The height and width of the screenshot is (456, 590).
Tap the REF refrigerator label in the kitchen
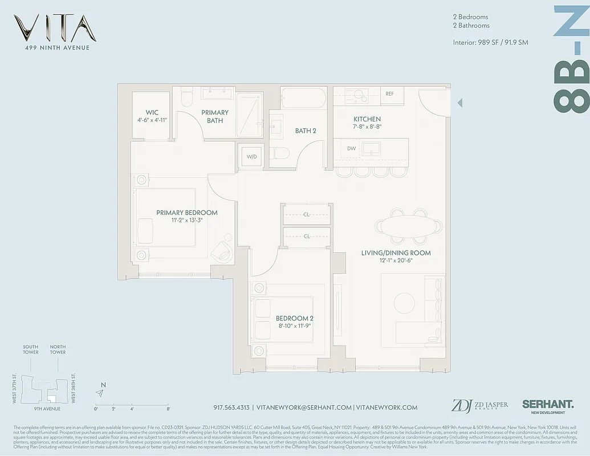[x=390, y=94]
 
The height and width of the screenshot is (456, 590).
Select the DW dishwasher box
[x=352, y=148]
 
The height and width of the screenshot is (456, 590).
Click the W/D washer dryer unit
[x=251, y=156]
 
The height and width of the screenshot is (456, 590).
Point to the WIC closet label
[x=152, y=113]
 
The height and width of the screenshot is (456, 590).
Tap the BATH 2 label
[x=306, y=131]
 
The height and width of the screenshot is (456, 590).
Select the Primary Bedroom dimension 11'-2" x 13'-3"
[x=187, y=220]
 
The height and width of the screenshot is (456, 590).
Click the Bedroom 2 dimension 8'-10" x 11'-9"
[x=295, y=326]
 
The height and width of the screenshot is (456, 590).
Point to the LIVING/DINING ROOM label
[x=396, y=253]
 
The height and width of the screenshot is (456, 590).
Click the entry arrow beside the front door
[x=459, y=103]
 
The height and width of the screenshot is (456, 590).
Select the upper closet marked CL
[x=306, y=215]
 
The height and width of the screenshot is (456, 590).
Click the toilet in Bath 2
[x=279, y=154]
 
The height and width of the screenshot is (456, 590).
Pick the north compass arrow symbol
[x=101, y=393]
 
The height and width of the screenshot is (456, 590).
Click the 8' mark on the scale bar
[x=168, y=408]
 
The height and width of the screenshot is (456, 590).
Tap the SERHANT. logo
[x=548, y=404]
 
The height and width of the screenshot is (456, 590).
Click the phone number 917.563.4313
[x=231, y=408]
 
